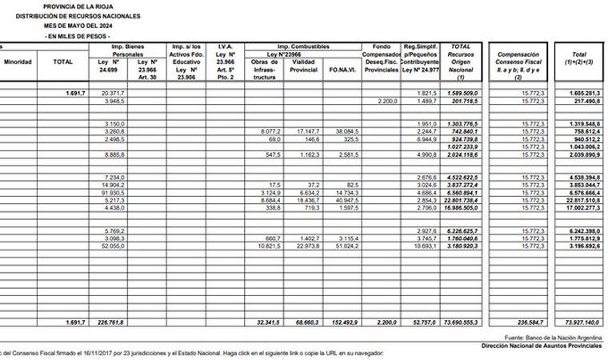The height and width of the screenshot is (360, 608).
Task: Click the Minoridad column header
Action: [18, 62]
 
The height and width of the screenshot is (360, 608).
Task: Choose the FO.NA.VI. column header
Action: [341, 70]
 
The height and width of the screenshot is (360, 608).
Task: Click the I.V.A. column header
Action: [225, 47]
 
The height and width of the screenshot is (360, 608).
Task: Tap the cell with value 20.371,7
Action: [113, 94]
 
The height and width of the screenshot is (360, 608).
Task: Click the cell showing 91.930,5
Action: [112, 193]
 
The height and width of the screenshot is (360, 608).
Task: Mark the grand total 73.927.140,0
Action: [578, 322]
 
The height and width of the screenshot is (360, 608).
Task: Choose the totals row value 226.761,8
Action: [111, 322]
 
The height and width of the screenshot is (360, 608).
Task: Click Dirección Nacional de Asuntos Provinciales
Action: [543, 346]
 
